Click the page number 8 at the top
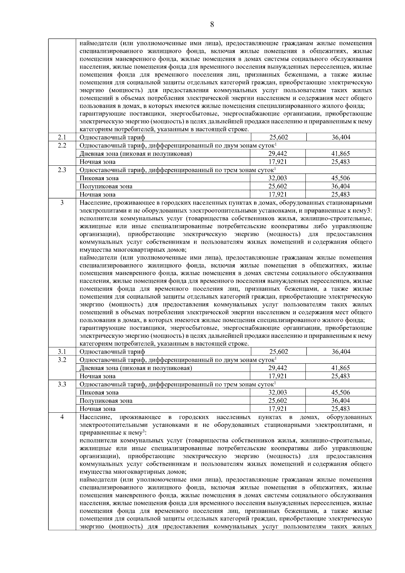(212, 24)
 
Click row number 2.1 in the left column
(62, 137)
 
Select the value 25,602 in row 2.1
(278, 137)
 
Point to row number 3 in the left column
(62, 202)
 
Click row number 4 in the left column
(62, 417)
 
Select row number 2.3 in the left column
(62, 170)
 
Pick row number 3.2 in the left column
(62, 360)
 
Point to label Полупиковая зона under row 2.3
(106, 186)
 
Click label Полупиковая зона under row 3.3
(106, 401)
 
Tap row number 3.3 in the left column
(62, 384)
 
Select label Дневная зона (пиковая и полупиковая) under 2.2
(136, 154)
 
